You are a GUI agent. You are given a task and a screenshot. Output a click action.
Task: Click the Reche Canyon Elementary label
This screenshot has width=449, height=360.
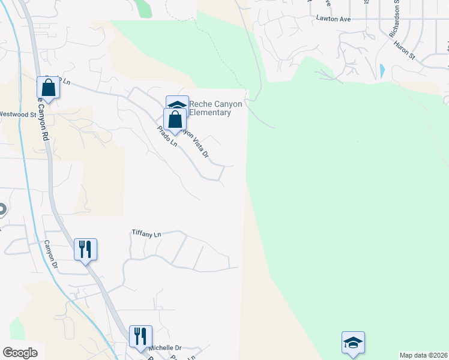215,108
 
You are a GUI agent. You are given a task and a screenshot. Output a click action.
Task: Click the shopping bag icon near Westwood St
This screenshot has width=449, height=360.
48,88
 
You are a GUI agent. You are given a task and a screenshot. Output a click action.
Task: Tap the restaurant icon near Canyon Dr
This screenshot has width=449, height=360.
85,248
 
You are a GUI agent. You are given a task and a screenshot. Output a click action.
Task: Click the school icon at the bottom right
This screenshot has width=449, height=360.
353,342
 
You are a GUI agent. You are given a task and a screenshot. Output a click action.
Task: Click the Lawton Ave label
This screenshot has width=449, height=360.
333,19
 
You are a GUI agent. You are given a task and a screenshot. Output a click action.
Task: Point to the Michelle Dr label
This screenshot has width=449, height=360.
164,348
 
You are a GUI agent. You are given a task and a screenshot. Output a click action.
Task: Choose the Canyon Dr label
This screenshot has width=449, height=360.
51,254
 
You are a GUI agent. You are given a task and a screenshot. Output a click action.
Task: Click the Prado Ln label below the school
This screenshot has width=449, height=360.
167,136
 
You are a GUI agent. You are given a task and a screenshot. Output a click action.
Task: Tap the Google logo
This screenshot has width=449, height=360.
20,353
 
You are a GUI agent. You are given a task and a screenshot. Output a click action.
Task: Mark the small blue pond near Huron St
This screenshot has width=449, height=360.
382,70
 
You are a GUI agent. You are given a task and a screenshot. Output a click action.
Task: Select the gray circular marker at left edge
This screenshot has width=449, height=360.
2,209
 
